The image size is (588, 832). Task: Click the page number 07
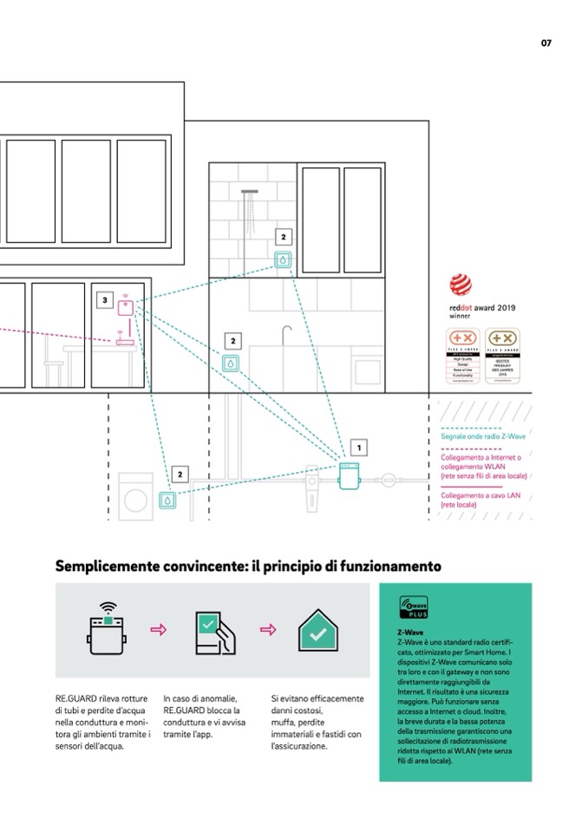(546, 43)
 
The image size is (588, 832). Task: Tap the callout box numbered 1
(359, 447)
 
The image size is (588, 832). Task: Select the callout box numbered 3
(105, 300)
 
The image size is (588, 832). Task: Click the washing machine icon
(136, 498)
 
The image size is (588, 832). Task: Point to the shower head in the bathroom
(249, 192)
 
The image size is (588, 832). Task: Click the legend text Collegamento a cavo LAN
(479, 495)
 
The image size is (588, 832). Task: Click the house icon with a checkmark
(317, 631)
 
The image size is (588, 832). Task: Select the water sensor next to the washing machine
(167, 500)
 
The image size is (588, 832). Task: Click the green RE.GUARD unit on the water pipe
(349, 477)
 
